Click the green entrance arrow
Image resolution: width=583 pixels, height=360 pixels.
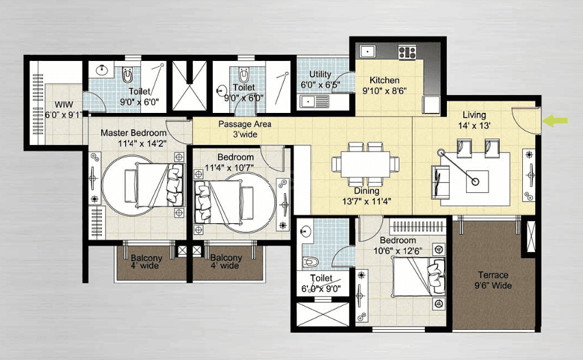coord(556,120)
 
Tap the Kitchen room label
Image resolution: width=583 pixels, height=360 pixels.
coord(385,80)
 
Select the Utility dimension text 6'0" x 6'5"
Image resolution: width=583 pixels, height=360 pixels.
coord(320,85)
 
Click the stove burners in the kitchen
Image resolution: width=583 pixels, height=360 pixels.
coord(407,52)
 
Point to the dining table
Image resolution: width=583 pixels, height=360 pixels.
coord(365,164)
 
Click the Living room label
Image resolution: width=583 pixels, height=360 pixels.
coord(474,115)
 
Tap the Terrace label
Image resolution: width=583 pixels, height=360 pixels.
coord(493,275)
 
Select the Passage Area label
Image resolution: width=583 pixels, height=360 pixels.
coord(245,124)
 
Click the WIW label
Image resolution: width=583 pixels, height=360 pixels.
coord(64,105)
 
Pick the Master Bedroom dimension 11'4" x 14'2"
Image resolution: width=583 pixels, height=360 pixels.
coord(142,144)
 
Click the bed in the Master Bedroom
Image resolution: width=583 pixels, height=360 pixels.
coord(161,185)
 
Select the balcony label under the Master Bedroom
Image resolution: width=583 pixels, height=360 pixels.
coord(146,262)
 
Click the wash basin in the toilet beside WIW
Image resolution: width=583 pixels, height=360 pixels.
coord(101,70)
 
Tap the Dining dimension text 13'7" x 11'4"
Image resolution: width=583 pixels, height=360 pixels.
coord(367,202)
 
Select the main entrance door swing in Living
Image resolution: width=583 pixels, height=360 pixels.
coord(523,119)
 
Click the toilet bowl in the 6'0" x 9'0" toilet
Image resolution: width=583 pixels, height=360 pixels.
coord(311,261)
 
